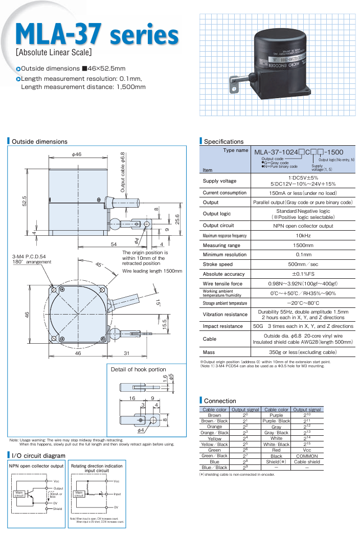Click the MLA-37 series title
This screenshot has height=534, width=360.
[97, 34]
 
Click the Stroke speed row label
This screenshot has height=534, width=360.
[218, 264]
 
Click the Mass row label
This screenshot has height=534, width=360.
[209, 352]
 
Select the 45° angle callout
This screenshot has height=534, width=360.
[98, 265]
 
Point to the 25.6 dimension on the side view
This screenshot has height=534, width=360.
[176, 219]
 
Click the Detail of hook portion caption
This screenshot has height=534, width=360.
[139, 369]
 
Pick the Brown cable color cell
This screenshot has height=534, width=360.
[214, 415]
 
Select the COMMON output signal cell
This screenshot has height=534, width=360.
[307, 456]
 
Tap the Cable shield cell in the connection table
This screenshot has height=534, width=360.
[307, 461]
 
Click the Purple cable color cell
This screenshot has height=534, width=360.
[276, 415]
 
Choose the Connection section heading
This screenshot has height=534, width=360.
[220, 401]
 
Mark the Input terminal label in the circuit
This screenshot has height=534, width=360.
[117, 494]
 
